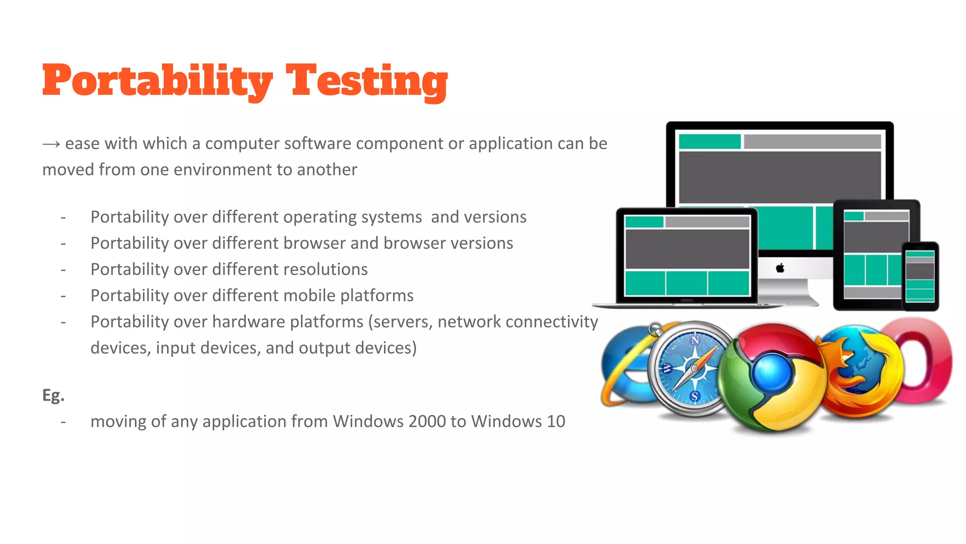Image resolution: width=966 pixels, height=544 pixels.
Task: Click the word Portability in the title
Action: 158,81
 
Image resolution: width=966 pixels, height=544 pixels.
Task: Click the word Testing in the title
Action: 367,81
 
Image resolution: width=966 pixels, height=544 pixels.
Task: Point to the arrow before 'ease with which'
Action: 51,144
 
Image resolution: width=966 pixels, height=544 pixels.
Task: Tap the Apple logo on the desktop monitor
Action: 780,268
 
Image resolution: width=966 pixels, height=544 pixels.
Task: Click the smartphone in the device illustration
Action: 920,276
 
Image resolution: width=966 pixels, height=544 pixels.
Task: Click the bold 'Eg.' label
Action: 53,395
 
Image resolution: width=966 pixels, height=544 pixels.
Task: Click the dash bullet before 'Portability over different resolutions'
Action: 63,270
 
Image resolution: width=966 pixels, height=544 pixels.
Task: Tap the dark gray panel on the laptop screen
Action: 687,249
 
